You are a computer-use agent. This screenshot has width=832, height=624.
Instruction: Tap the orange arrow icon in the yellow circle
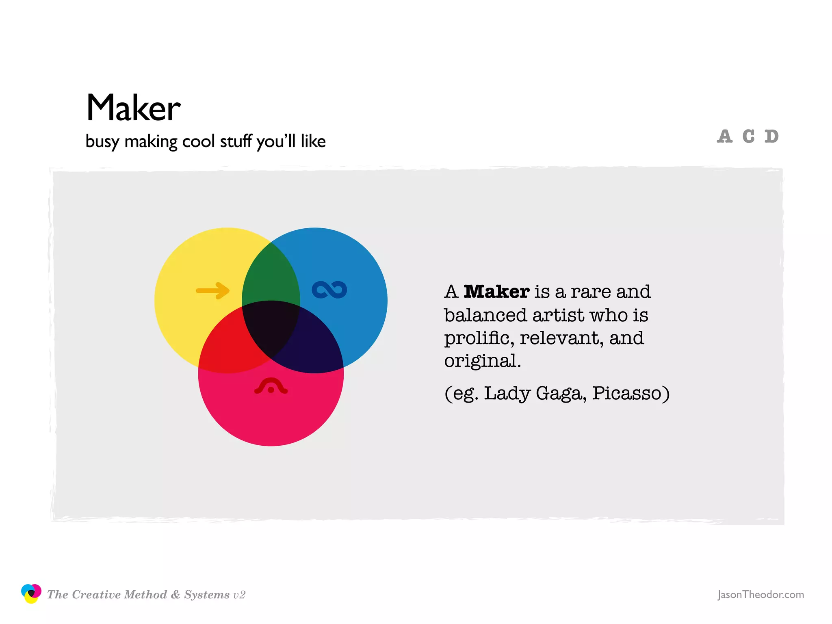click(213, 290)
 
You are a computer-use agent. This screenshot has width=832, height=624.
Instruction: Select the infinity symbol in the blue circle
click(329, 290)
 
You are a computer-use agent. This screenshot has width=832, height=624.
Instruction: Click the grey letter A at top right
click(725, 136)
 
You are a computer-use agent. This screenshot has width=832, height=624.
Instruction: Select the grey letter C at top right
click(748, 136)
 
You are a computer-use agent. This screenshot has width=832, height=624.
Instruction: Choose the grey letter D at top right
click(771, 136)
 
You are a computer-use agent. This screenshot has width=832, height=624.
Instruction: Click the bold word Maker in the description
click(496, 292)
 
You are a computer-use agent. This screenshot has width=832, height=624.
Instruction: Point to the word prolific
click(479, 338)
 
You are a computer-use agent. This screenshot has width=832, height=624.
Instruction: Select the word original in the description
click(482, 361)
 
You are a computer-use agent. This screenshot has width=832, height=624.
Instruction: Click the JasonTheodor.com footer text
click(760, 594)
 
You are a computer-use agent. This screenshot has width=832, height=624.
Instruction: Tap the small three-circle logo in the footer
click(31, 594)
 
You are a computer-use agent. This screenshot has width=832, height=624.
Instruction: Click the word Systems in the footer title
click(207, 595)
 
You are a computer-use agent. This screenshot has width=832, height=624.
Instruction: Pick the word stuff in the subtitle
click(236, 141)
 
